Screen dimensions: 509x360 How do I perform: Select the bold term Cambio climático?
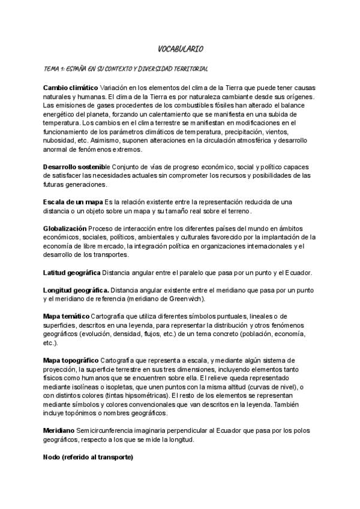coord(70,88)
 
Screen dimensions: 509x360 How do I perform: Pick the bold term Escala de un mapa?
coord(73,202)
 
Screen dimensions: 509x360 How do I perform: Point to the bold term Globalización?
coord(65,229)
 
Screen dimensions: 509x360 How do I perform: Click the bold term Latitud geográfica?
coord(72,273)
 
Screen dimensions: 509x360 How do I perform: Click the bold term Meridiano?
coord(59,431)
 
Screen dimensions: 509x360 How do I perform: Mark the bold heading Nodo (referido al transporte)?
coord(88,457)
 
